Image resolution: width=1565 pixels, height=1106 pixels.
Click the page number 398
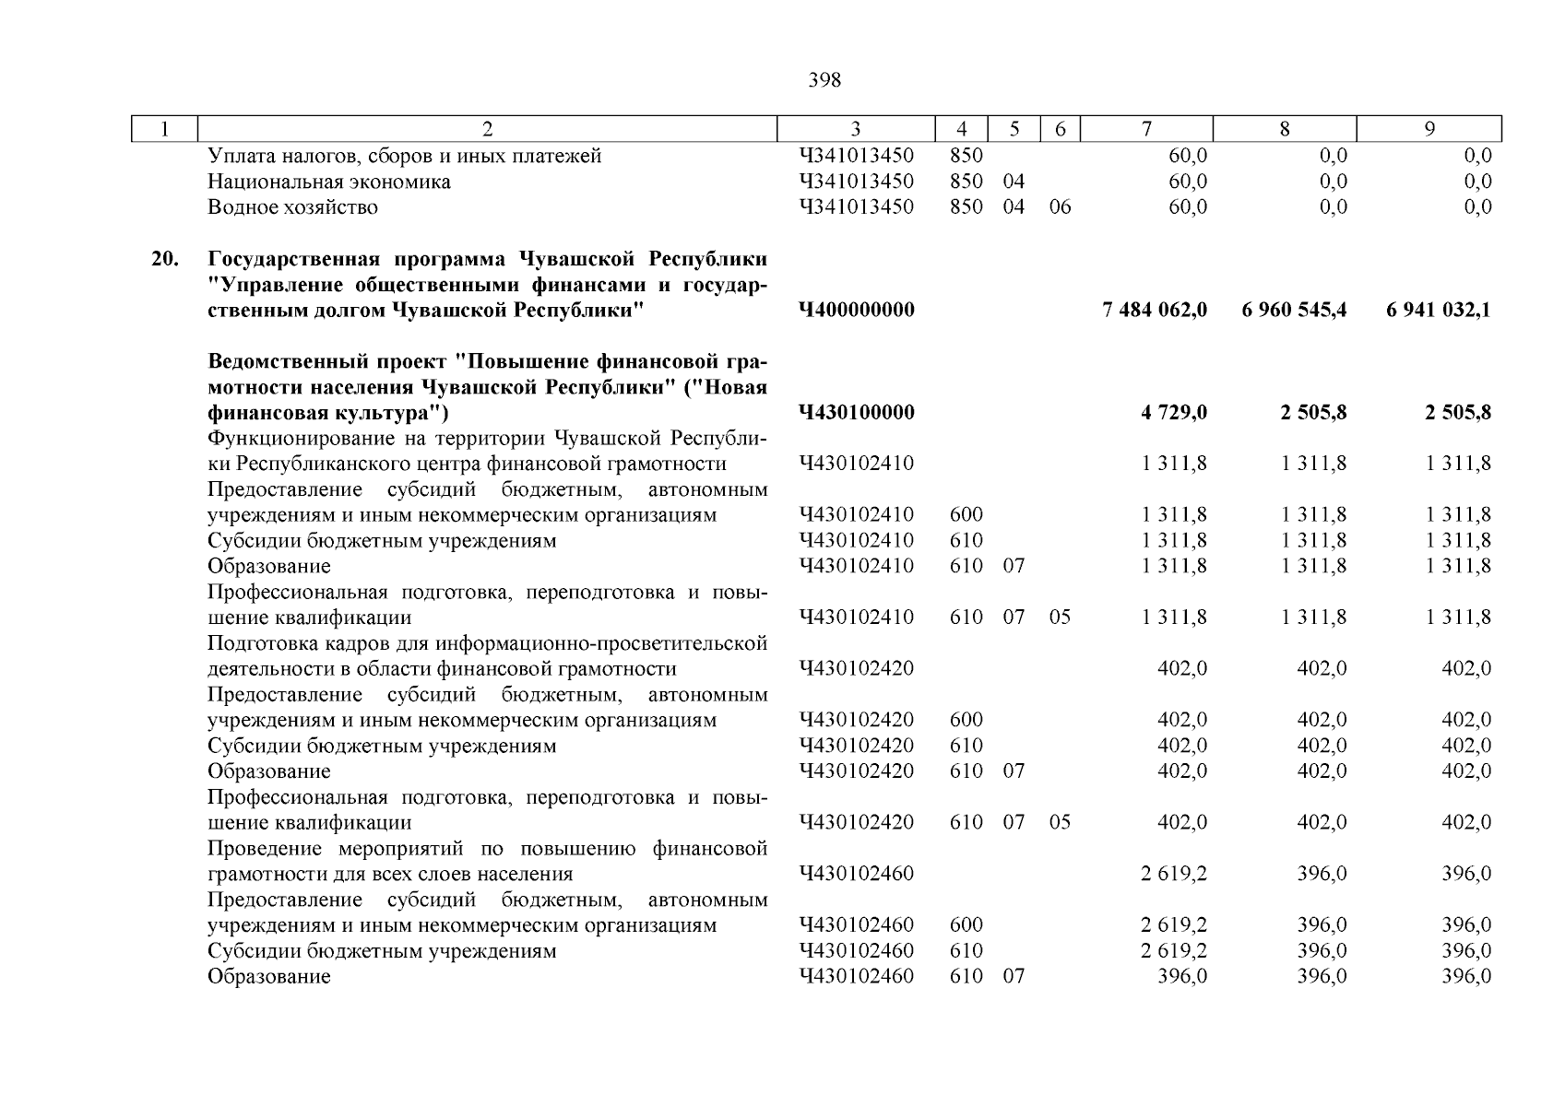824,80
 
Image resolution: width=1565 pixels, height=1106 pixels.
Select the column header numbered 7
1146,130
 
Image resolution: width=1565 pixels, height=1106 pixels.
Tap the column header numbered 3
856,130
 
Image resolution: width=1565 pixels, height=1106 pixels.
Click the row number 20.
165,258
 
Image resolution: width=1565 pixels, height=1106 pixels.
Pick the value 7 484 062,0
1155,310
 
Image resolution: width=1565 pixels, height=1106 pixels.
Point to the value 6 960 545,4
1294,310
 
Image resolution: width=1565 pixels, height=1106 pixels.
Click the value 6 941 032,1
1438,310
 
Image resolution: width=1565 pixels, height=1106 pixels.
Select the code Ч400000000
857,310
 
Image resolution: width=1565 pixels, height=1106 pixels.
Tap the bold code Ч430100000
857,412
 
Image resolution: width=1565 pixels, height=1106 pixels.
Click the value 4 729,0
1173,412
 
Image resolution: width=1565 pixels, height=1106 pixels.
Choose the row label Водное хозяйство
292,207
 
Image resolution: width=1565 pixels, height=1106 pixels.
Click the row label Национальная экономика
328,182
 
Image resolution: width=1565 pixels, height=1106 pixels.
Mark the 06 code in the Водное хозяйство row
1060,207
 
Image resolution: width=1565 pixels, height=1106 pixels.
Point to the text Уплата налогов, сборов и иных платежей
404,156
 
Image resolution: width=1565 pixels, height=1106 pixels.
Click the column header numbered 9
1429,130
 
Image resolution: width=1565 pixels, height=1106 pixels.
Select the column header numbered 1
165,130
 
